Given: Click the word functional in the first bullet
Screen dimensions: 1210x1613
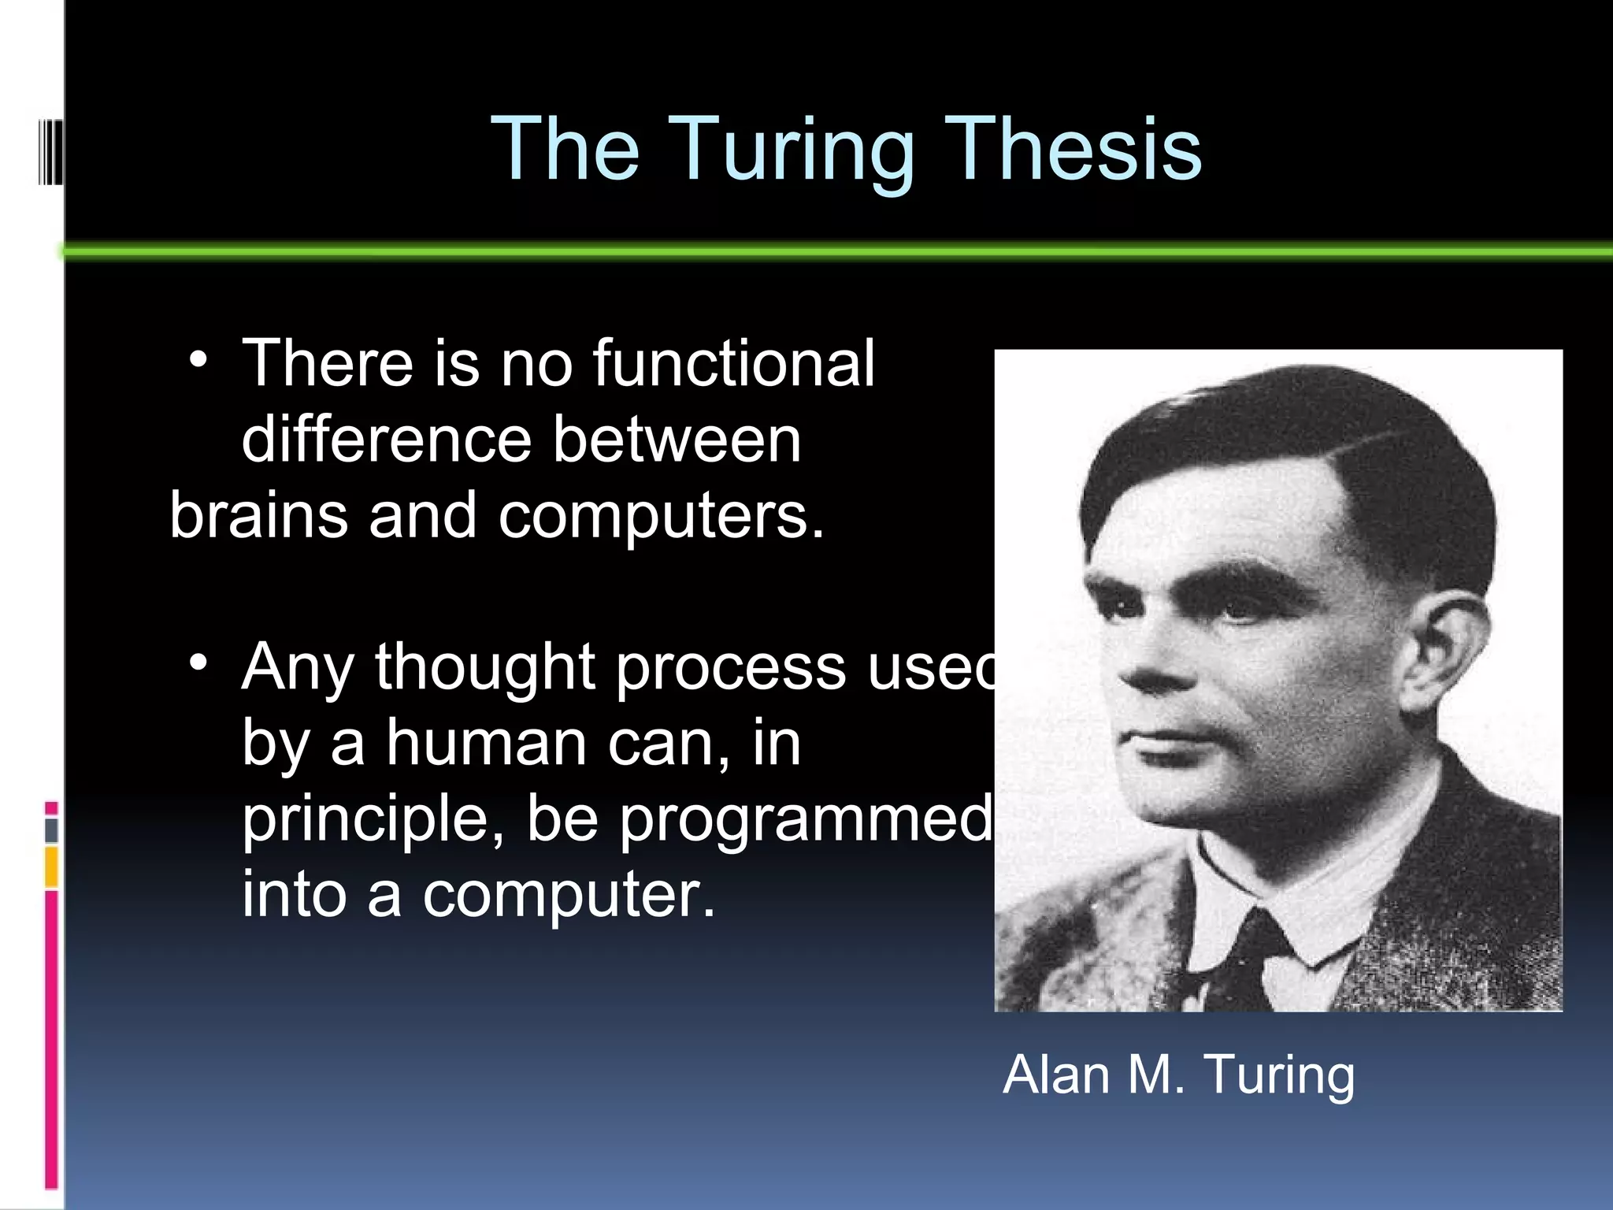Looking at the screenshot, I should click(x=733, y=363).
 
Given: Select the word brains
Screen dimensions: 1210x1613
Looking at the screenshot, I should click(x=258, y=516).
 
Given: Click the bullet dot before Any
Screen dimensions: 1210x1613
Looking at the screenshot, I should click(x=198, y=663).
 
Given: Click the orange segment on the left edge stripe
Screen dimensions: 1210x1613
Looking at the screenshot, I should click(x=51, y=867).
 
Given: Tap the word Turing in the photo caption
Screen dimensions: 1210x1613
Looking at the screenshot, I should click(x=1279, y=1076).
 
